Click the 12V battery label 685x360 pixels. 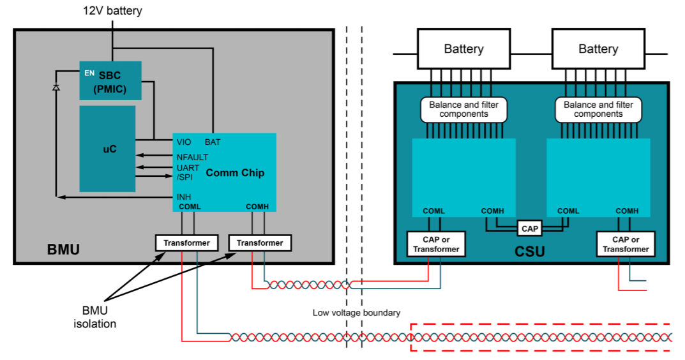click(113, 11)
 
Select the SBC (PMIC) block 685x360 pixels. click(110, 81)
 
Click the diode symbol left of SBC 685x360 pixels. click(56, 87)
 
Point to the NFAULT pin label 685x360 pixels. click(192, 157)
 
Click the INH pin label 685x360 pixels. click(184, 197)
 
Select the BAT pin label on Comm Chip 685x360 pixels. click(213, 142)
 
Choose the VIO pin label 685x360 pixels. click(184, 142)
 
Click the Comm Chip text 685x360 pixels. click(235, 173)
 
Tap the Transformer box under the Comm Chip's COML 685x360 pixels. click(187, 243)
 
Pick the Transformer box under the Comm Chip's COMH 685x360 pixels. click(260, 243)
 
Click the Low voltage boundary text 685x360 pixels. click(356, 313)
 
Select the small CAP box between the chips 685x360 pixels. click(530, 228)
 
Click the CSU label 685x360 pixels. click(530, 251)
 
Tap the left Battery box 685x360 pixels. click(463, 49)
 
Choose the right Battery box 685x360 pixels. click(598, 49)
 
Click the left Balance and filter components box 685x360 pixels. click(463, 109)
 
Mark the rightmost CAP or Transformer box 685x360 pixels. click(626, 244)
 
